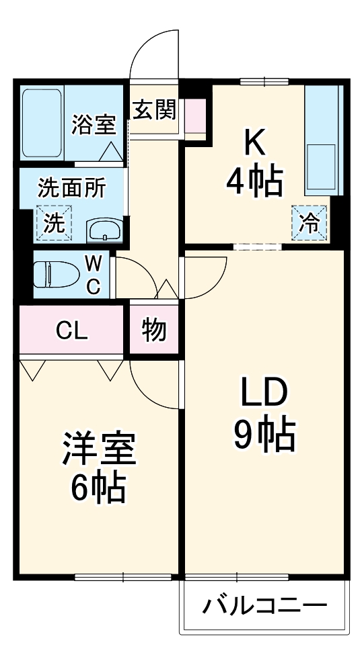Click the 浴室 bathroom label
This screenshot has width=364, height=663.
coord(94,126)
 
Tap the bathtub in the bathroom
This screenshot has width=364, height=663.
coord(42,123)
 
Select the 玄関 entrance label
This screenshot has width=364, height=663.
coord(154,109)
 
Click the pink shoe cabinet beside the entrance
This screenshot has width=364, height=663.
coord(195,116)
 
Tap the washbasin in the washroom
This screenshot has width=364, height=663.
coord(104,230)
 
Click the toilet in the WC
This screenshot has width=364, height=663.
coord(54,274)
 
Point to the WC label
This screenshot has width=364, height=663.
coord(93,273)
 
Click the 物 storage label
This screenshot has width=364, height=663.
coord(154,330)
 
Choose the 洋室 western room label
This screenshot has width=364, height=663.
coord(99,451)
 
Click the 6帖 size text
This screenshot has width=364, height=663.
coord(99,490)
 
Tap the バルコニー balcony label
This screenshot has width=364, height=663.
coord(264,605)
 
